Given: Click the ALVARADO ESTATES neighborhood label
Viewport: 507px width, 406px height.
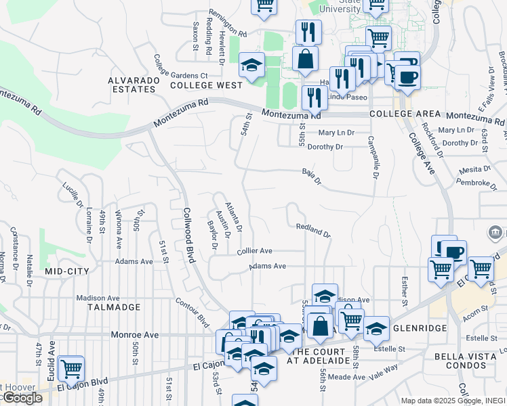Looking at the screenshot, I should point(133,84).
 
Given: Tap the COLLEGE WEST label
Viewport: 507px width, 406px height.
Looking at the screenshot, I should point(206,85).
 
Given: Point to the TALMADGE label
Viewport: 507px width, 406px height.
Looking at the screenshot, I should point(114,307).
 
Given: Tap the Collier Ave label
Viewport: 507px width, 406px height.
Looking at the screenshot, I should point(254,251).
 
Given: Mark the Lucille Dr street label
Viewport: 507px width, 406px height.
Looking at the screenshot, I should point(72,194).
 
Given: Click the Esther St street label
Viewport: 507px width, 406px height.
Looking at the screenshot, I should point(404,285).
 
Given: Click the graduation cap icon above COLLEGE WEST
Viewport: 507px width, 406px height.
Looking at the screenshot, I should point(251,66).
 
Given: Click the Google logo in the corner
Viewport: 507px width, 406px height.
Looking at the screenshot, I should point(22,398).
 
